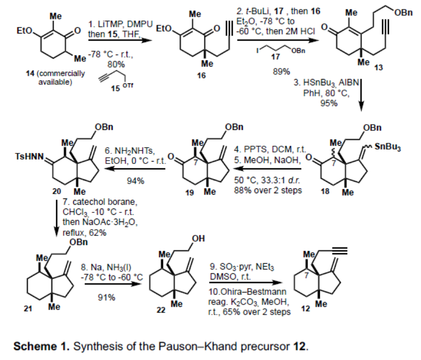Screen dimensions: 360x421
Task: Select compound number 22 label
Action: coord(161,310)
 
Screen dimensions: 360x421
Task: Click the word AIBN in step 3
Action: coord(350,82)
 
